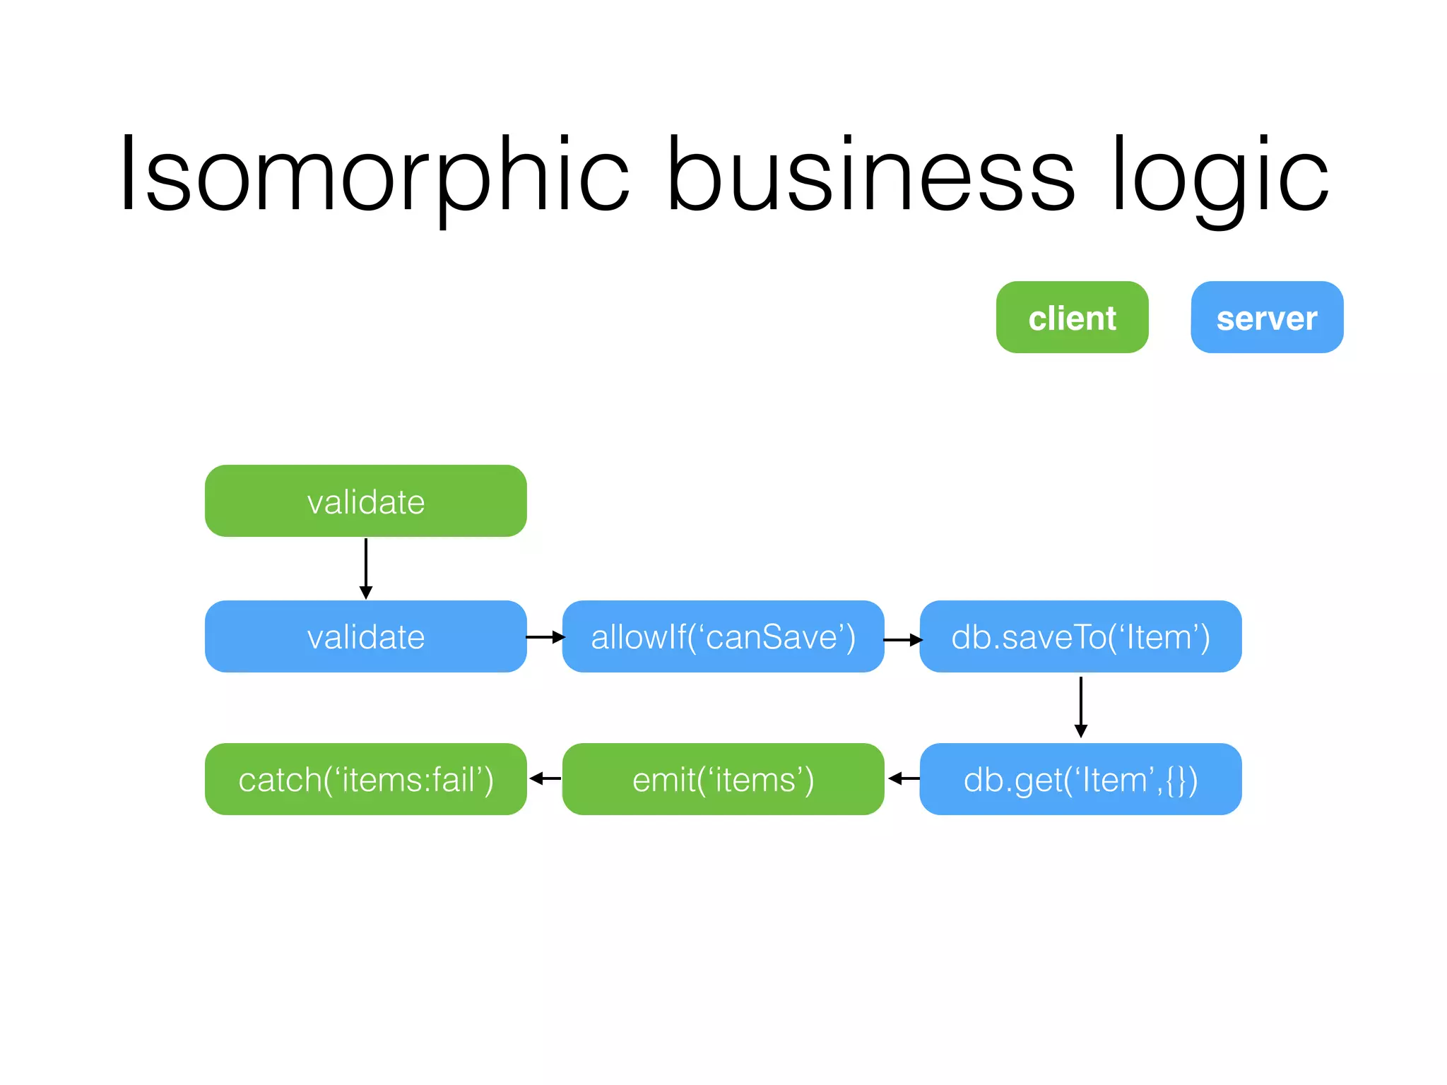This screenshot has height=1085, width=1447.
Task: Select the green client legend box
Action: click(1072, 317)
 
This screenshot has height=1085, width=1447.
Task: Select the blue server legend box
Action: click(1267, 317)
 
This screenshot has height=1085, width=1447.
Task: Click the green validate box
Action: click(365, 501)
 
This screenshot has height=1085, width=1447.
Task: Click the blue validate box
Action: click(365, 636)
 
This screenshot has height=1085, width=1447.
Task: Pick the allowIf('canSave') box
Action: click(723, 636)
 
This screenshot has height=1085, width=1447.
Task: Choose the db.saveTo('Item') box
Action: click(1080, 636)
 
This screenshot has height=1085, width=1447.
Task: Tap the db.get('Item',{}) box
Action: click(1080, 779)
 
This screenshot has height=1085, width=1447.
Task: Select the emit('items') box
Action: click(723, 779)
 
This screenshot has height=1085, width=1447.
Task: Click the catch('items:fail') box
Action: click(365, 779)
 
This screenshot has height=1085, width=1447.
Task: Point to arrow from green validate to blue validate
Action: click(365, 569)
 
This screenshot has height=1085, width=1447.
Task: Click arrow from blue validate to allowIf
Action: click(545, 637)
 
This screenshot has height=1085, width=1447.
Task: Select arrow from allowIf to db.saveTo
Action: click(902, 640)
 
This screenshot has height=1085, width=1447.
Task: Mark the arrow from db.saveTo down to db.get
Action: click(1080, 707)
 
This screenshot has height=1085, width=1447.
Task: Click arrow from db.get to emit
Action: click(904, 778)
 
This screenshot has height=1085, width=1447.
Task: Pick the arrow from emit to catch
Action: click(545, 778)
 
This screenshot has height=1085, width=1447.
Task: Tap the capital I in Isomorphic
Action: click(127, 174)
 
